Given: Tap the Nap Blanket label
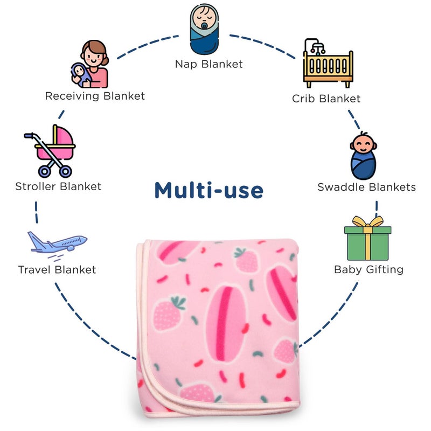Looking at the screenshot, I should click(x=208, y=64).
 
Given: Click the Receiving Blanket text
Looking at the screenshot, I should click(x=95, y=96).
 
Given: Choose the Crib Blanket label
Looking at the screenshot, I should click(x=326, y=99).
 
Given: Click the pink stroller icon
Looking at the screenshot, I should click(x=51, y=151).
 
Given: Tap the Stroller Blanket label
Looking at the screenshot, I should click(x=58, y=187).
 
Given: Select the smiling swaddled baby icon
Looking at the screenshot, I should click(x=363, y=156).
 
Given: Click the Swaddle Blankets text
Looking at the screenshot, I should click(x=366, y=187).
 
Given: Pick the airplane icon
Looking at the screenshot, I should click(x=57, y=242).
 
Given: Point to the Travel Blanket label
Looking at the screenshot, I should click(x=57, y=269).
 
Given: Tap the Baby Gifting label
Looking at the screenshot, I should click(x=369, y=269).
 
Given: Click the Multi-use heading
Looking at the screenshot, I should click(x=209, y=190).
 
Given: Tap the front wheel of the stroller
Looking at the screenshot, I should click(x=44, y=172).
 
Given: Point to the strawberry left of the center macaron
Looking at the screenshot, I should click(x=168, y=314).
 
